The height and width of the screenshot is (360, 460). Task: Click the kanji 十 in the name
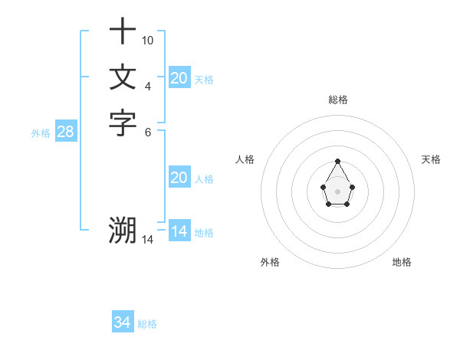[x=123, y=32]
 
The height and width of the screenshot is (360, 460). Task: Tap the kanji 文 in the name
[x=123, y=77]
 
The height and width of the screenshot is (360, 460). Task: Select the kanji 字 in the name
[x=123, y=123]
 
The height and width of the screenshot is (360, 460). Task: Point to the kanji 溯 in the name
[x=123, y=230]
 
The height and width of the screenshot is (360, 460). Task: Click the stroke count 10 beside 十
[x=148, y=40]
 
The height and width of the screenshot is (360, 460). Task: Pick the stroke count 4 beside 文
[x=148, y=85]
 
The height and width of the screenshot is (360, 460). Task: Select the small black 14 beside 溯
[x=148, y=240]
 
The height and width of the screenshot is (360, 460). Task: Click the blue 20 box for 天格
[x=179, y=77]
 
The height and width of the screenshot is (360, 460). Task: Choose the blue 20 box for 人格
[x=179, y=178]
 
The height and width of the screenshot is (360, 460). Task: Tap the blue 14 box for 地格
[x=179, y=231]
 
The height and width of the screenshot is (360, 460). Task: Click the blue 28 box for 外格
[x=66, y=132]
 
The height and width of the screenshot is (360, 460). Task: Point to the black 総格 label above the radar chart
[x=338, y=100]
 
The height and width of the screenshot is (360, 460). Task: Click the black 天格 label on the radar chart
[x=431, y=159]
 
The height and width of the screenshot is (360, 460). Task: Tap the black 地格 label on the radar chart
[x=402, y=262]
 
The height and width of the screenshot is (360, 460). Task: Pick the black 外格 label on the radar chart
[x=270, y=262]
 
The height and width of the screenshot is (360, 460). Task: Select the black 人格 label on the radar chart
[x=245, y=159]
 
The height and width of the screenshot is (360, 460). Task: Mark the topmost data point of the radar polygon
[x=338, y=161]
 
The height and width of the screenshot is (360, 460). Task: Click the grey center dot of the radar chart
[x=338, y=191]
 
